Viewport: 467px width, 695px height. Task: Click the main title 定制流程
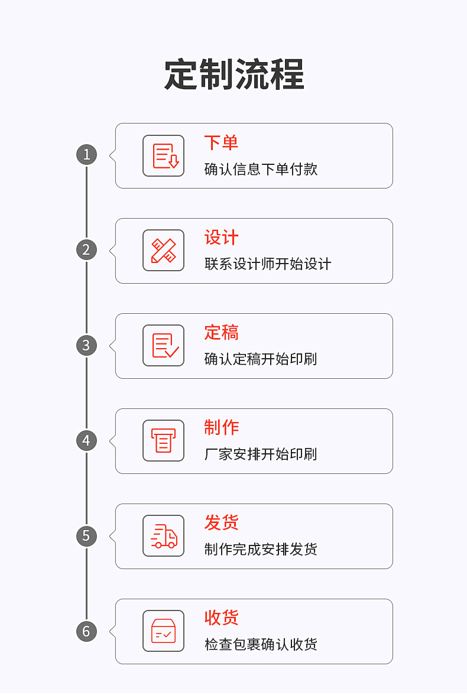point(234,74)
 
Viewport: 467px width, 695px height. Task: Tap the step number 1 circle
point(86,155)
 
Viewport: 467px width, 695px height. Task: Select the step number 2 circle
point(86,250)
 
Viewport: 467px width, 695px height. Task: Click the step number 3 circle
point(86,345)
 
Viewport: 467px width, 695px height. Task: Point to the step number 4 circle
point(86,440)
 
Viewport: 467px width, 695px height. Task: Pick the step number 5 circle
point(86,536)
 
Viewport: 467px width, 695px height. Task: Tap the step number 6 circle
point(86,631)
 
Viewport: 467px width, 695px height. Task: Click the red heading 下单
point(221,142)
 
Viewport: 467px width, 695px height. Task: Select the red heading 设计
point(221,238)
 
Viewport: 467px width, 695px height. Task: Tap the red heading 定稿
point(221,333)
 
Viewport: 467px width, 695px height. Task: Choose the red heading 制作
point(221,428)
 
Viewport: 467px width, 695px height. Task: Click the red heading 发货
point(221,523)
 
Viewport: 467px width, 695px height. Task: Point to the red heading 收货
point(221,618)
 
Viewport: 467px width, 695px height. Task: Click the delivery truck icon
point(164,536)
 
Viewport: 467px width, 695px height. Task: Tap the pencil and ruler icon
point(164,251)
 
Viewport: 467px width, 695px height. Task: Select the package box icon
point(164,631)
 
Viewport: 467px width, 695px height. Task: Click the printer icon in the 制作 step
point(164,441)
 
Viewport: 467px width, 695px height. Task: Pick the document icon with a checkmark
point(164,346)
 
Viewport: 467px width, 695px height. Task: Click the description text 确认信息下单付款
point(261,170)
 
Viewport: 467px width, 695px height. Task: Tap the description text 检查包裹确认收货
point(261,645)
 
